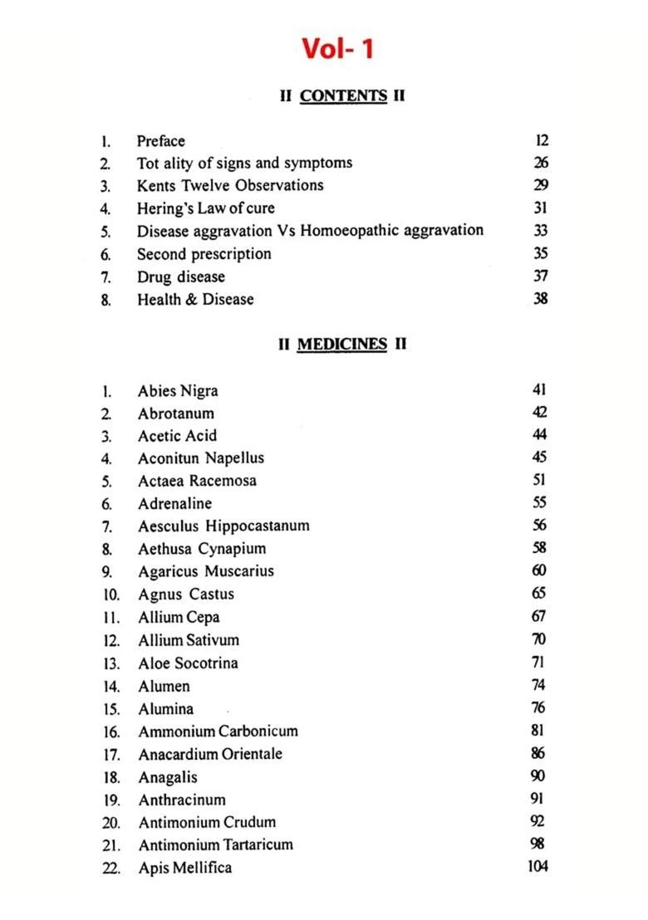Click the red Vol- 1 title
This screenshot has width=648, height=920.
point(337,48)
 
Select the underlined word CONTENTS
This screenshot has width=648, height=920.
point(343,95)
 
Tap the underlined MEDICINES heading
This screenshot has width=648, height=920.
point(341,344)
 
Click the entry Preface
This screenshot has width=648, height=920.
point(161,141)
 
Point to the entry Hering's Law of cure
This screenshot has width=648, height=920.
point(205,208)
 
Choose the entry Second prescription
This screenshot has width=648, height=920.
point(204,254)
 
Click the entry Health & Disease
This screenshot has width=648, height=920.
point(195,299)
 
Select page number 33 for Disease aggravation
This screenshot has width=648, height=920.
point(541,231)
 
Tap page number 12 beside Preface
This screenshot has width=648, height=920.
point(542,141)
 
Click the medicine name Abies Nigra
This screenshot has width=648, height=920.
point(178,391)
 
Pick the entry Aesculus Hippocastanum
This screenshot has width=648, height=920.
point(223,526)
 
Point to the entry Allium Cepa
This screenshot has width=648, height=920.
point(179,617)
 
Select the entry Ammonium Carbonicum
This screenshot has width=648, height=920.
point(218,732)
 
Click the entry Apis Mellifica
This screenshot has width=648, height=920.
point(184,868)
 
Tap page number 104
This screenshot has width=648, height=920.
point(538,867)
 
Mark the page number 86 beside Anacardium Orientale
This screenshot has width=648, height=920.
point(538,754)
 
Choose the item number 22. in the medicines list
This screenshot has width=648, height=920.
point(112,869)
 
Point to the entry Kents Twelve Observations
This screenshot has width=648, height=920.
point(230,185)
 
